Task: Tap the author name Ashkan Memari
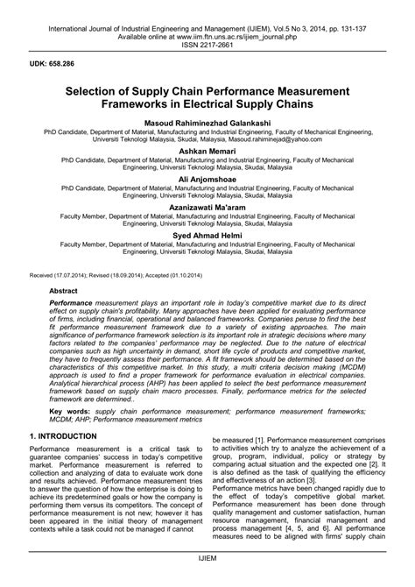(x=207, y=151)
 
